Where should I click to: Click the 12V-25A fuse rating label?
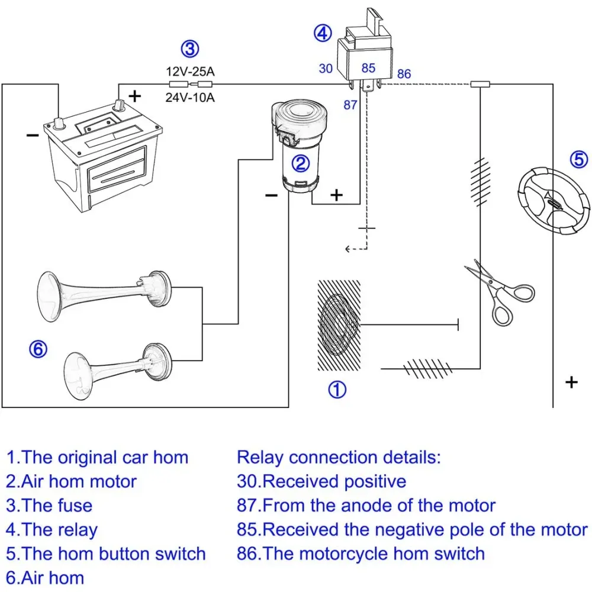coord(189,72)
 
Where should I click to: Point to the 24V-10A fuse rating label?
coord(189,98)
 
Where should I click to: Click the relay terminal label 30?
coord(326,69)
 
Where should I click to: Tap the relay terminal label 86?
coord(404,75)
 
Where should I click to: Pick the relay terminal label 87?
coord(350,105)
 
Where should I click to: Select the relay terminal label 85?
coord(369,68)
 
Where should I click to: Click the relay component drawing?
coord(365,53)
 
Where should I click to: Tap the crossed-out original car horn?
coord(338,324)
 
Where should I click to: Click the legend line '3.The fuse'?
coord(50,506)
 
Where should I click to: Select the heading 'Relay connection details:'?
coord(339,457)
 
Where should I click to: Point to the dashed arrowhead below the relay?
coord(348,249)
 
